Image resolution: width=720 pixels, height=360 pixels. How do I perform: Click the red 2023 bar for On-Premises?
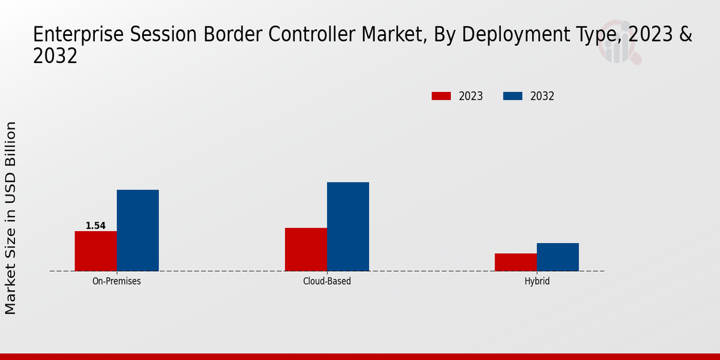(x=95, y=251)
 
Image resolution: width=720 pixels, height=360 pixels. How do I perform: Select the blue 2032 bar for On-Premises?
(x=137, y=230)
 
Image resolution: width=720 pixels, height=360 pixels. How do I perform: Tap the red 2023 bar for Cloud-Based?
(x=306, y=250)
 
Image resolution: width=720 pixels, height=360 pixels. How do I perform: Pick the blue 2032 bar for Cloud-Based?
(x=348, y=227)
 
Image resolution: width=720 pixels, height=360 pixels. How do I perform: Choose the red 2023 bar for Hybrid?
(x=515, y=262)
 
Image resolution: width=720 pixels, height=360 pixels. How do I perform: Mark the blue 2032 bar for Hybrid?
(x=557, y=257)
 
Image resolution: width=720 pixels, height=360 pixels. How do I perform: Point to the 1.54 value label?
(x=95, y=226)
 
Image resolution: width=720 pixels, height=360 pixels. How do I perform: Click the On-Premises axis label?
(x=116, y=281)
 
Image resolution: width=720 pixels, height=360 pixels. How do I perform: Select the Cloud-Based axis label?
(x=327, y=281)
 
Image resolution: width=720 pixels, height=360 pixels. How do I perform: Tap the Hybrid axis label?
(x=536, y=281)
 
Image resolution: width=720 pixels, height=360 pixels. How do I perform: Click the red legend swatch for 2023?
(x=441, y=96)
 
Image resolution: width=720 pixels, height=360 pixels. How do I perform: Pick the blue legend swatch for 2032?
(x=512, y=96)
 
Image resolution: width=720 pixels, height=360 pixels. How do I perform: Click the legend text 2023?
(x=471, y=96)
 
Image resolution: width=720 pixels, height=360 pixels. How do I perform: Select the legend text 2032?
(x=542, y=96)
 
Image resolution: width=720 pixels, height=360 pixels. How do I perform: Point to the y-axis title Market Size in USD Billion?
(x=11, y=217)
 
